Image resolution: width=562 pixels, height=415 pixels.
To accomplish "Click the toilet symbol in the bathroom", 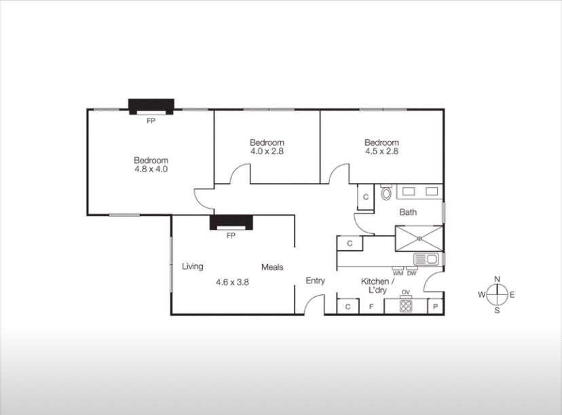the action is [386, 193].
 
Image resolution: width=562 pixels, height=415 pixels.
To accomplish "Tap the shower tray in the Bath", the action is [419, 238].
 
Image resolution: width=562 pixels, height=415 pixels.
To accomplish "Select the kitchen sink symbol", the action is [426, 259].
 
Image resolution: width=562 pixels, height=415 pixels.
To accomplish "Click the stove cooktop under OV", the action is [406, 306].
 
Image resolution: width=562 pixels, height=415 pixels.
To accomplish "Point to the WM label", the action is [398, 273].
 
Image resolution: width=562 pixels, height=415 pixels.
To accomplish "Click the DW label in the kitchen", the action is [412, 273].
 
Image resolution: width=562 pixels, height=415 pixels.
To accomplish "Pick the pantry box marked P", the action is [436, 307].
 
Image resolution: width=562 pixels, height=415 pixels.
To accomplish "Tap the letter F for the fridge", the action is [371, 307].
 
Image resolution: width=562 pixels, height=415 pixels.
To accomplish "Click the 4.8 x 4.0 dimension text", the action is [151, 169].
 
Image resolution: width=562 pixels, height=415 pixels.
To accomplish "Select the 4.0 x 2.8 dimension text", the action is [267, 151].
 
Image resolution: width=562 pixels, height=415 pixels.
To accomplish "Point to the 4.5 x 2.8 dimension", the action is [381, 151].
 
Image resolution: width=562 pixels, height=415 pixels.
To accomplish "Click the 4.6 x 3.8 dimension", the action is [232, 282].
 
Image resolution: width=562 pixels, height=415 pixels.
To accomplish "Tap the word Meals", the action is [272, 267].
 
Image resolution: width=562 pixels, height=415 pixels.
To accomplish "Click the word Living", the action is [193, 266].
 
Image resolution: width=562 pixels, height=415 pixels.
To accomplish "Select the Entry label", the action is [316, 281].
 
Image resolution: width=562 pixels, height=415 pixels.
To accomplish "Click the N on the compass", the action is [497, 279].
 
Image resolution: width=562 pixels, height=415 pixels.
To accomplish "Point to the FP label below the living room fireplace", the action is [231, 235].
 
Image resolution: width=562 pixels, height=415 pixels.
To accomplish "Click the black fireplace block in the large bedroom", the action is [151, 106].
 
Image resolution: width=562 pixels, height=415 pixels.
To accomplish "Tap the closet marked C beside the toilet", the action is [366, 197].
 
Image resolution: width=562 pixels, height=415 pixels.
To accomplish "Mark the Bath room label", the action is [408, 212].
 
